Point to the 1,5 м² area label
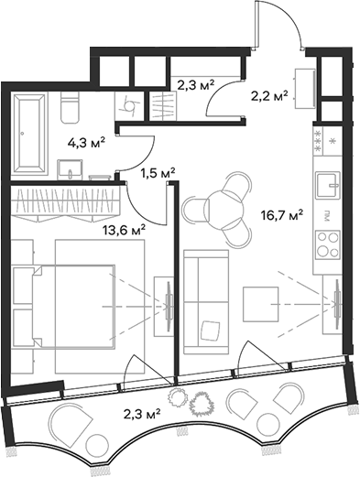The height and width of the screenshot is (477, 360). coord(158,172)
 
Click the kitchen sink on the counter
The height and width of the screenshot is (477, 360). coord(327,187)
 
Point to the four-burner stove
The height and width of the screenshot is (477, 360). coord(327,244)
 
